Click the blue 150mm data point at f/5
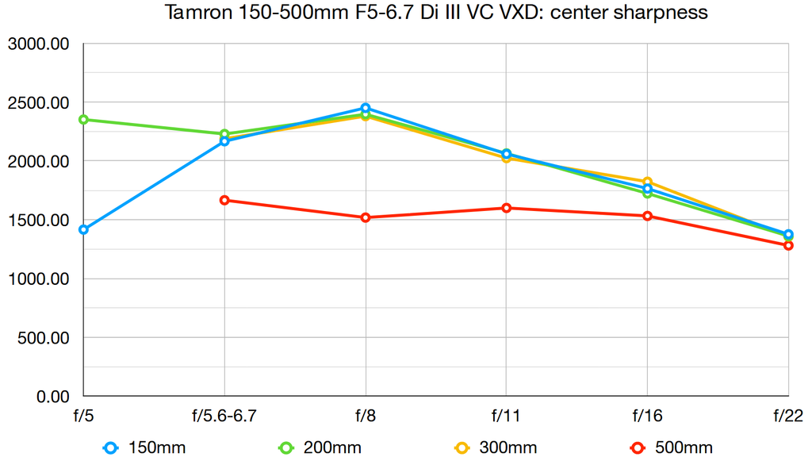(x=83, y=229)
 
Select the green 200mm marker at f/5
(x=83, y=120)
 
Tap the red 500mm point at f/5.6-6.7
(x=224, y=200)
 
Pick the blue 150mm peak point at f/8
(x=366, y=108)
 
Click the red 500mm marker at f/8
(x=366, y=217)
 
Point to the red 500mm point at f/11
(x=506, y=208)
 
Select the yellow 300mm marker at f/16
(x=647, y=182)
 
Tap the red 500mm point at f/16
(x=647, y=216)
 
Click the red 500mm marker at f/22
(x=788, y=245)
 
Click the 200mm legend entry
(x=320, y=447)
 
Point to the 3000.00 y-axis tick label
(x=39, y=44)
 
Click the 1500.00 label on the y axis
(x=39, y=221)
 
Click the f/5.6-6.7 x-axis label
(x=224, y=415)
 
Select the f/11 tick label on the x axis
(x=506, y=415)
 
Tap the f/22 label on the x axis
(x=788, y=415)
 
